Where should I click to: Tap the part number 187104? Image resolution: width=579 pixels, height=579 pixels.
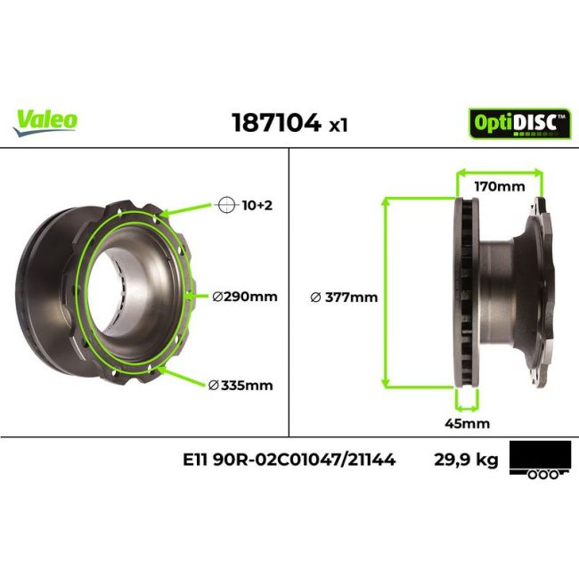(x=276, y=123)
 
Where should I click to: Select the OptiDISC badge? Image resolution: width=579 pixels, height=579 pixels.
(x=519, y=122)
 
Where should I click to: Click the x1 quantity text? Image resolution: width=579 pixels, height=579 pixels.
(x=338, y=126)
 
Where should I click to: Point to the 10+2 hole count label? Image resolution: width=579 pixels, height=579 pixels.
(x=257, y=205)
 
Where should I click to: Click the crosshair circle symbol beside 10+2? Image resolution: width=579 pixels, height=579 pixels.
(x=225, y=205)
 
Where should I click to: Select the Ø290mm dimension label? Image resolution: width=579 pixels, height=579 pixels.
(x=244, y=295)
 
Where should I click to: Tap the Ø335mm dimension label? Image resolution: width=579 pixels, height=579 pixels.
(x=241, y=385)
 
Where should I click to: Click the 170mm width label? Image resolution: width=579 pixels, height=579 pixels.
(x=499, y=187)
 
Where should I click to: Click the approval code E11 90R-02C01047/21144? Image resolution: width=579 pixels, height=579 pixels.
(x=289, y=461)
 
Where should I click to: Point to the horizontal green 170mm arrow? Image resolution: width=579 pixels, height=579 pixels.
(x=499, y=172)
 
